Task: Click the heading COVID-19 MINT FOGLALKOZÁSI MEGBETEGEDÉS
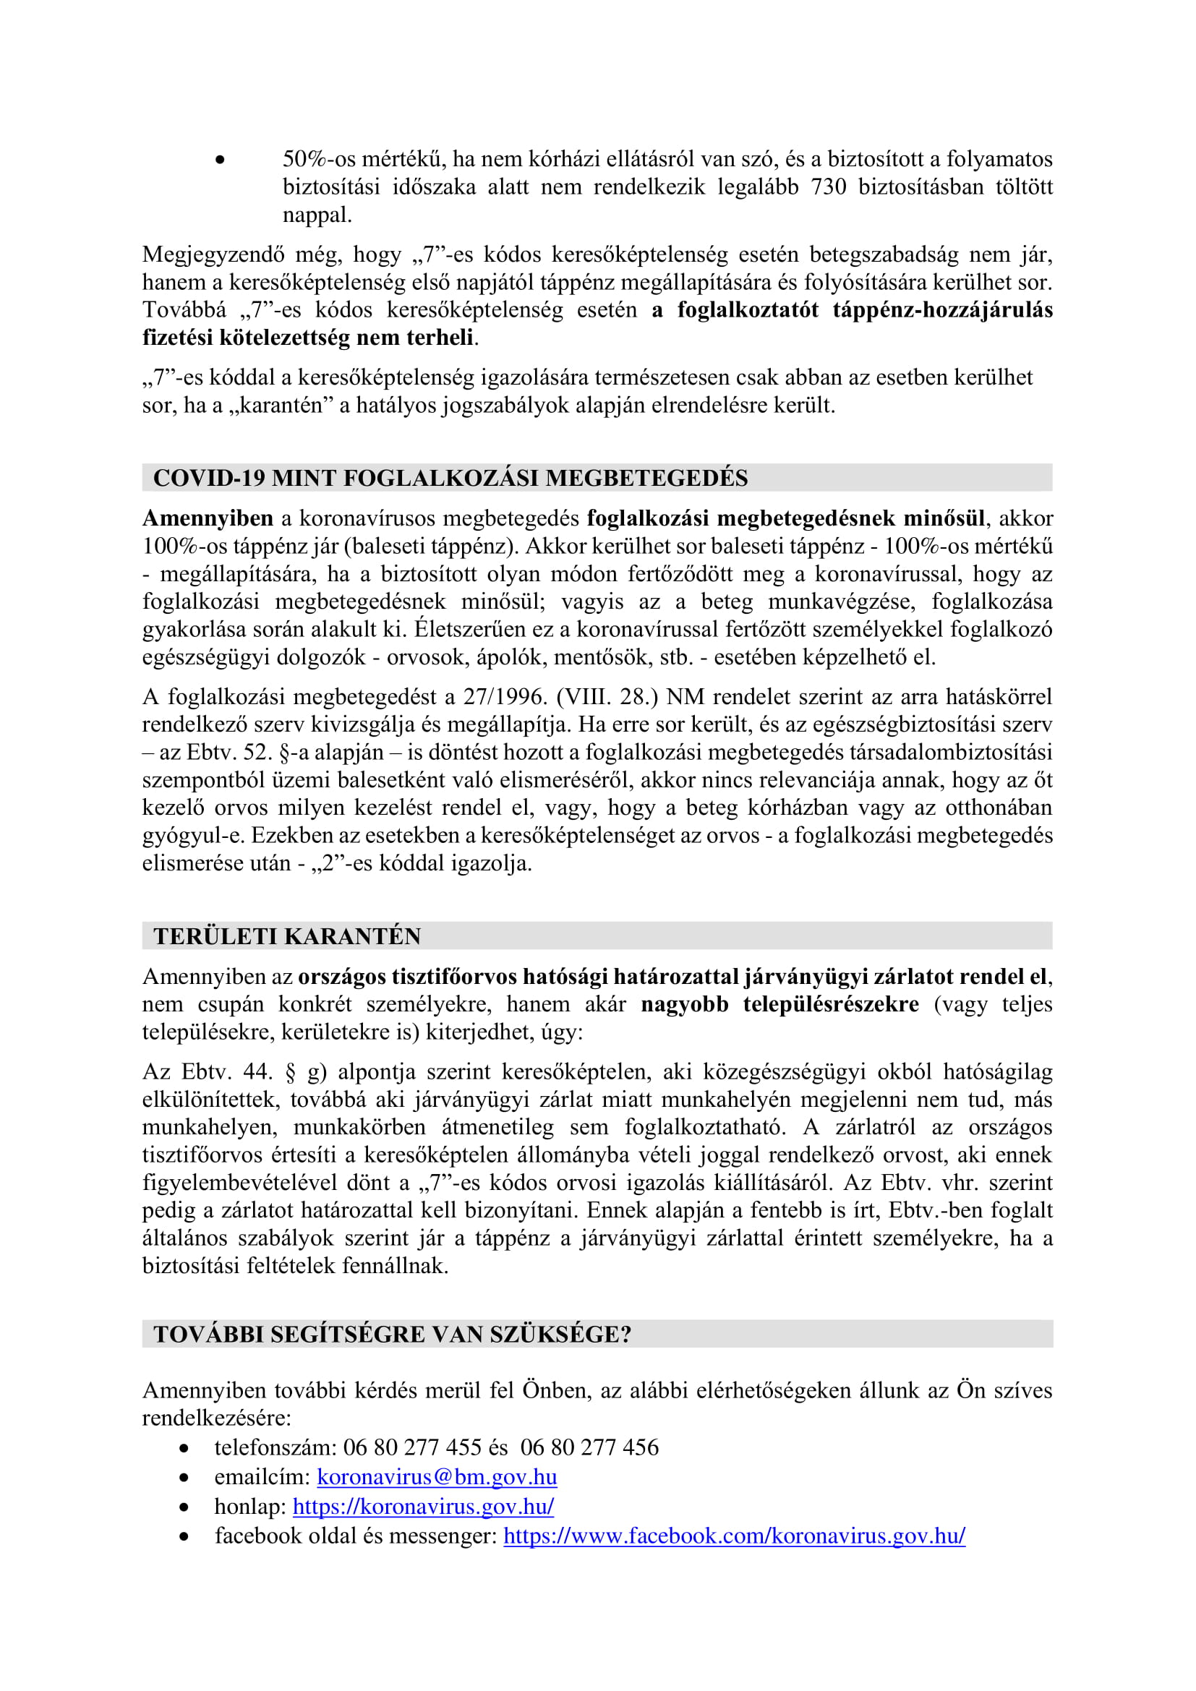click(x=450, y=478)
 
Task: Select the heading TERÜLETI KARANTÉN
click(x=286, y=936)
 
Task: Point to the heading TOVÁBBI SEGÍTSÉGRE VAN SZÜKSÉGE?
click(x=393, y=1334)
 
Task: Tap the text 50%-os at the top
click(x=319, y=159)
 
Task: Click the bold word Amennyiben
click(x=208, y=518)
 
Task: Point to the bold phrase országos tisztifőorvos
click(x=406, y=977)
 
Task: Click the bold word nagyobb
click(x=684, y=1005)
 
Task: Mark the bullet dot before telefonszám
click(x=184, y=1448)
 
